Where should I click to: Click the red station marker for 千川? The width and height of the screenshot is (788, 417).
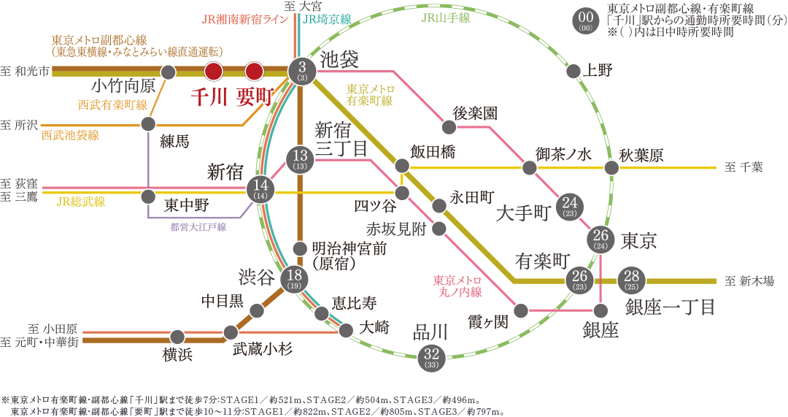(x=213, y=71)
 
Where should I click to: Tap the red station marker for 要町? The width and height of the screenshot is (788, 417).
(x=253, y=71)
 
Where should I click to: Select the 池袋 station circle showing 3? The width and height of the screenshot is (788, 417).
(x=301, y=71)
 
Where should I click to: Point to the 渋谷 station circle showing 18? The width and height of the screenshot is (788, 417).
(x=295, y=278)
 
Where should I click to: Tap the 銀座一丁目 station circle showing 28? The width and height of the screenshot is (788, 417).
(x=631, y=280)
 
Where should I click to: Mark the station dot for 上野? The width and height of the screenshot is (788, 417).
(x=573, y=72)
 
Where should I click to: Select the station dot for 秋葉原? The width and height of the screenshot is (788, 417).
(x=611, y=168)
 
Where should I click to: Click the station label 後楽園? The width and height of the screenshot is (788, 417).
(x=475, y=113)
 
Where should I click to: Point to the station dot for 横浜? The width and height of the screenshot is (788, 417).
(x=177, y=337)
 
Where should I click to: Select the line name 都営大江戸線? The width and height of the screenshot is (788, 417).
(x=198, y=227)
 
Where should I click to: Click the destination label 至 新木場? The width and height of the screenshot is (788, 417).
(x=749, y=281)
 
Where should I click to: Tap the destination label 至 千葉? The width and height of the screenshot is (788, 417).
(x=743, y=167)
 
